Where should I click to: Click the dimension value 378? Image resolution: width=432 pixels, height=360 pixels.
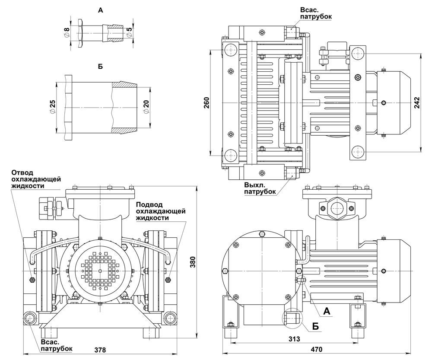point(100,350)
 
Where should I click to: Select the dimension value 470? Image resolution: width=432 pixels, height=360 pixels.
point(316,350)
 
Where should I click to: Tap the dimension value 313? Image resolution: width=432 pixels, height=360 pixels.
point(294,338)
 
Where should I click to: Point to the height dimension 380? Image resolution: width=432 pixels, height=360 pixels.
point(193,262)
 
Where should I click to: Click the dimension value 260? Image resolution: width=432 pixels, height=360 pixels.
point(207,102)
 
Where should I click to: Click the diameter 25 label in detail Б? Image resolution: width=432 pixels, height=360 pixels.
point(52,106)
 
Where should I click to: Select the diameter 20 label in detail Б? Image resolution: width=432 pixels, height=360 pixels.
point(146,106)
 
